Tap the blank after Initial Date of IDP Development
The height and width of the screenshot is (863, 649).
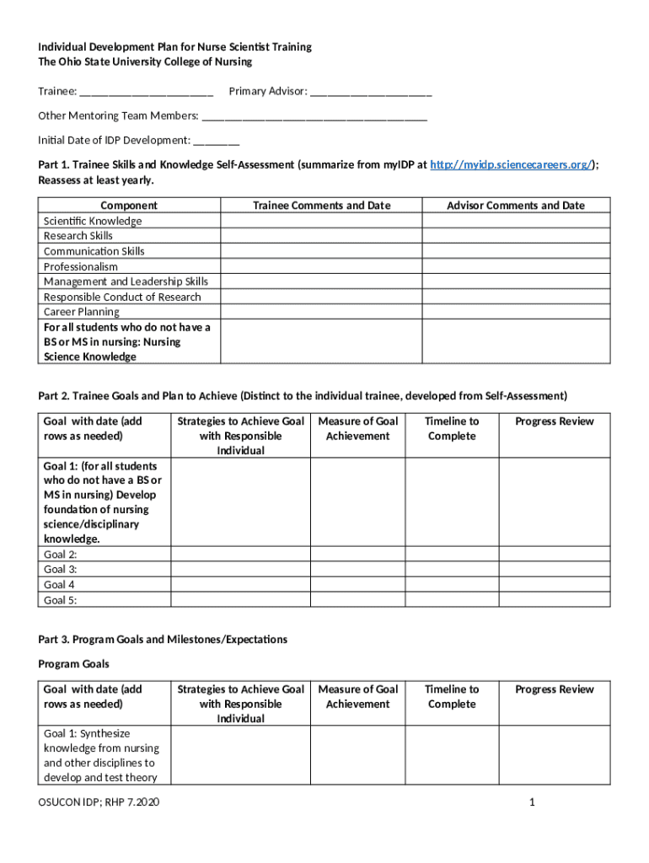click(217, 141)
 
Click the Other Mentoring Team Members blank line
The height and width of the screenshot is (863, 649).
click(314, 116)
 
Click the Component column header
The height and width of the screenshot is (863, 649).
click(129, 206)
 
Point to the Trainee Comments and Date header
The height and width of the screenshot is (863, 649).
click(321, 206)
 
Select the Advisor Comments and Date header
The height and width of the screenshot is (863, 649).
click(515, 206)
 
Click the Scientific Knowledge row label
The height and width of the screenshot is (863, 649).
click(93, 221)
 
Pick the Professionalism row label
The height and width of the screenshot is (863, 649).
click(81, 266)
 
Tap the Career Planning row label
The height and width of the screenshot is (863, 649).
click(82, 312)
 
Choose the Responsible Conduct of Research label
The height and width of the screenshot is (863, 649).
click(122, 297)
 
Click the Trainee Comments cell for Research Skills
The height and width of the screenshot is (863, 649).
click(321, 236)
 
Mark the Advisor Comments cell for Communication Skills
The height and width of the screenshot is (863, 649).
click(515, 251)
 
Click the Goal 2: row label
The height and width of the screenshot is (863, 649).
click(60, 555)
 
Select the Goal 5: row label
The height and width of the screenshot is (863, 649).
click(60, 600)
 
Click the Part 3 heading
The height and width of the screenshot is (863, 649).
click(163, 640)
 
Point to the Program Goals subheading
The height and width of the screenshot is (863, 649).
click(73, 664)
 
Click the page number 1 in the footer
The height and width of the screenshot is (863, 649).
click(533, 801)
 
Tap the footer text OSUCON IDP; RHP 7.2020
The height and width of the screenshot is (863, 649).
click(99, 801)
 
